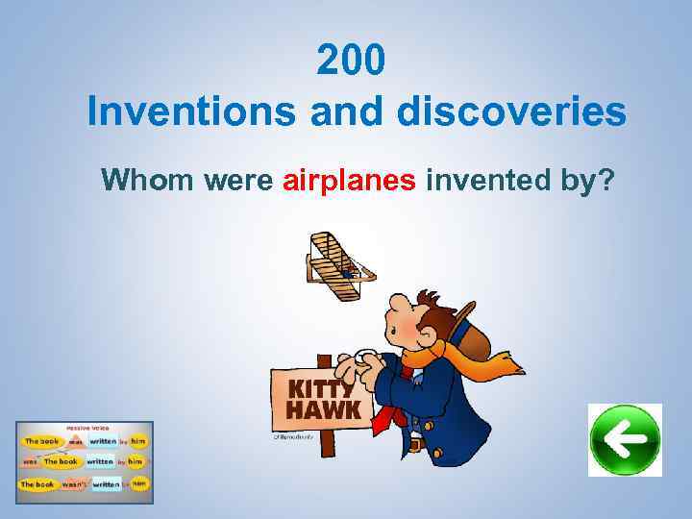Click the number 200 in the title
pyautogui.click(x=352, y=62)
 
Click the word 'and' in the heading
pyautogui.click(x=347, y=111)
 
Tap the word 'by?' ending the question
pyautogui.click(x=589, y=180)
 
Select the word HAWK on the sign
pyautogui.click(x=324, y=410)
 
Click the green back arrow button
pyautogui.click(x=625, y=440)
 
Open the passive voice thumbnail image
pyautogui.click(x=85, y=457)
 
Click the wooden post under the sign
pyautogui.click(x=327, y=442)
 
